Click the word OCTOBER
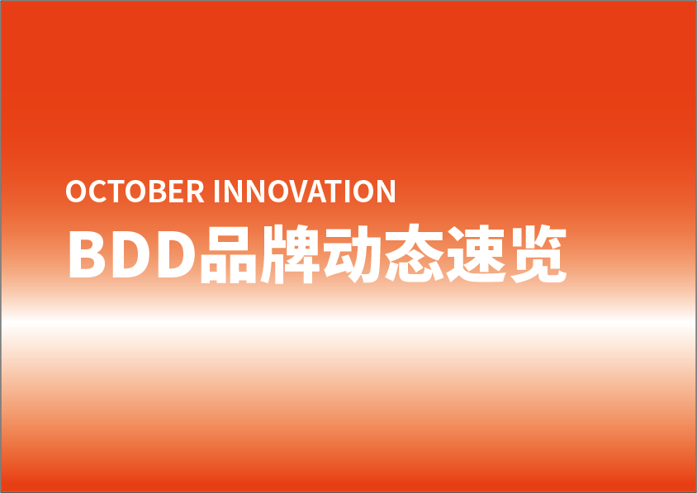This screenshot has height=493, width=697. [135, 191]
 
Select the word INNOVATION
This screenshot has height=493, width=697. [305, 191]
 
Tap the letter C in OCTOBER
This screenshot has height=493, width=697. [97, 191]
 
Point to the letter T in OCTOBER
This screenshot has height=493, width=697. [116, 191]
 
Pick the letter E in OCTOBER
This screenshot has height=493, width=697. [177, 191]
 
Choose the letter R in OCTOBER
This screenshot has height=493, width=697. [196, 191]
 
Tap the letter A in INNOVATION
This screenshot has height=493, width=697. [316, 191]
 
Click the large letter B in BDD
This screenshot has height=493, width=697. [88, 254]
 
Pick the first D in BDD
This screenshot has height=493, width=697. [131, 254]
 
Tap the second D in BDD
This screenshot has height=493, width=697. [177, 254]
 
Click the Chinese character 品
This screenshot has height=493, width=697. [229, 254]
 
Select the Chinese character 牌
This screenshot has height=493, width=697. [290, 254]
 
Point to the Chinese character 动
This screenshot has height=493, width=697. [352, 254]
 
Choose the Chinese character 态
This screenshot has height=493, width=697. [415, 254]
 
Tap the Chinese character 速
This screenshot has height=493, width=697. [476, 254]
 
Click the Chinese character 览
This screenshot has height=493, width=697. [538, 254]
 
